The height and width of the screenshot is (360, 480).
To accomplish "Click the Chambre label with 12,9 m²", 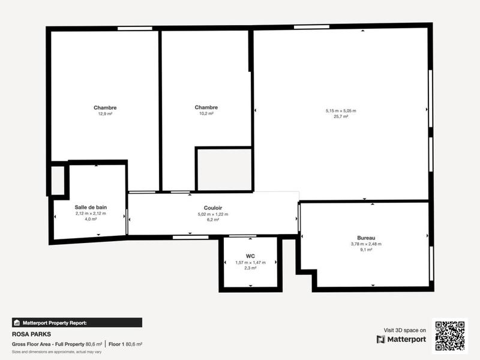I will (x=105, y=108).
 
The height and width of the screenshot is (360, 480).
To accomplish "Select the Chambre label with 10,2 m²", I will (x=206, y=108).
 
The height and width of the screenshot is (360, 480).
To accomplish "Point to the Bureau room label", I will (x=366, y=238).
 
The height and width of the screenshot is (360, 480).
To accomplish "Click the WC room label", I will (x=251, y=256).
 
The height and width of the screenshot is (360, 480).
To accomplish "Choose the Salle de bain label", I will (x=91, y=207).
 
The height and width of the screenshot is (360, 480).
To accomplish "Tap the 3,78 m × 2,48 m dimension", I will (x=366, y=244).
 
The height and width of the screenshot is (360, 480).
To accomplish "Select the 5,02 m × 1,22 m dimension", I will (x=213, y=214).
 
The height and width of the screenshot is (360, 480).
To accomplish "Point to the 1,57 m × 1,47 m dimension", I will (x=251, y=262).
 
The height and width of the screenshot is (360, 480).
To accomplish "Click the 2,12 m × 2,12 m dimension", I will (x=91, y=213).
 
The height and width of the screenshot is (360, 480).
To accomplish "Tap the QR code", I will (x=449, y=335).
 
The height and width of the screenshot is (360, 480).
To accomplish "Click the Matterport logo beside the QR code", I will (x=401, y=340).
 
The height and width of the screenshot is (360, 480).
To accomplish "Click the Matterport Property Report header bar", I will (x=77, y=322).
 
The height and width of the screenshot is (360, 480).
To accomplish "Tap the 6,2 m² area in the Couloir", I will (x=213, y=220).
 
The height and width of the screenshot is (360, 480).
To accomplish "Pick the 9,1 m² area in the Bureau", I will (x=366, y=250).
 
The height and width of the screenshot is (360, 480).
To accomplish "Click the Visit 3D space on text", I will (x=405, y=330).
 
